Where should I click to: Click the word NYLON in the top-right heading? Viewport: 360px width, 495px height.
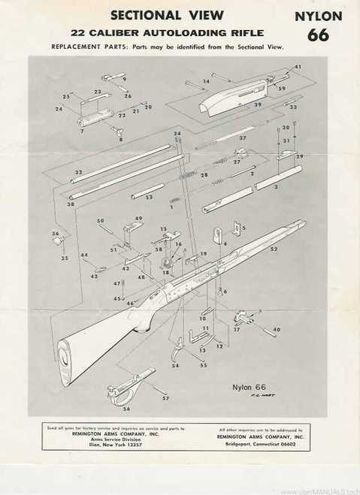[x=318, y=16]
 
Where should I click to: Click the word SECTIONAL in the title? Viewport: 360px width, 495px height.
[x=146, y=15]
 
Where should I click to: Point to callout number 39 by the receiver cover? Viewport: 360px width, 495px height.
[x=258, y=104]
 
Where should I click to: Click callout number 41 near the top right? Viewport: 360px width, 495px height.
[x=298, y=68]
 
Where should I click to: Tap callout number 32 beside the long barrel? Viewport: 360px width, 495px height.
[x=77, y=172]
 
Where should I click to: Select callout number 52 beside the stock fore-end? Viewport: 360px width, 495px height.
[x=274, y=249]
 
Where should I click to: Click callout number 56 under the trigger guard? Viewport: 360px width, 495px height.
[x=126, y=409]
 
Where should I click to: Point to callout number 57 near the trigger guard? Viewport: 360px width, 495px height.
[x=165, y=397]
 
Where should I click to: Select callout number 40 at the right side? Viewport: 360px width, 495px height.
[x=277, y=330]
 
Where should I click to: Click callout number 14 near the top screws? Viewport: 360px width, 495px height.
[x=206, y=81]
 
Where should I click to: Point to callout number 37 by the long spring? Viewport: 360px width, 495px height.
[x=242, y=138]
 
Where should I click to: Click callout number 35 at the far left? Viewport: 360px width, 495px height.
[x=65, y=258]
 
